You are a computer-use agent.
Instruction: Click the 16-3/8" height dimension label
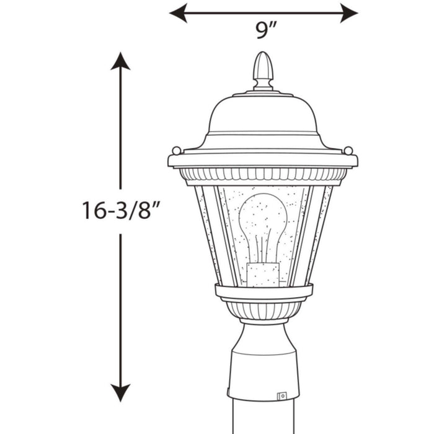click(122, 210)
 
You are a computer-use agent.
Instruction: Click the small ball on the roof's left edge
click(176, 150)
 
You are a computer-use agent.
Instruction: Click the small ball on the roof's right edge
click(348, 150)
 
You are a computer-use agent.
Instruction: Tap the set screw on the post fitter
click(282, 394)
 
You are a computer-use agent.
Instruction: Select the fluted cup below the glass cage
click(263, 309)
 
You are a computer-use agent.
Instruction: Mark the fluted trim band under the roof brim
click(263, 176)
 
